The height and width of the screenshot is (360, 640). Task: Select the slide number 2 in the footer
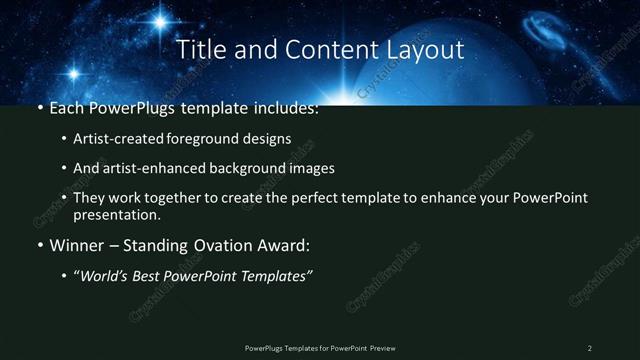coord(590,348)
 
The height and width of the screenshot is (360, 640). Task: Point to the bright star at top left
coord(160,19)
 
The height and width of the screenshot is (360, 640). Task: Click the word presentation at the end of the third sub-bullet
coord(117,214)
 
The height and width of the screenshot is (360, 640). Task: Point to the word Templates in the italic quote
coord(273,276)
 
